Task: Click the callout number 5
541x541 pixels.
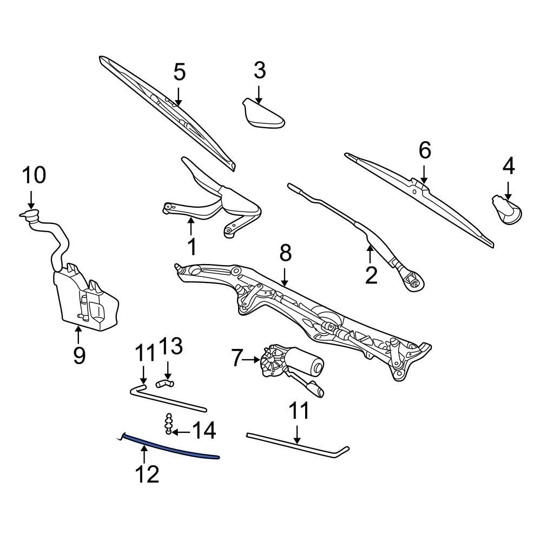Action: (179, 72)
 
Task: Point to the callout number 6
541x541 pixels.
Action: (425, 151)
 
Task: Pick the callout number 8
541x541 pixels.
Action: (286, 253)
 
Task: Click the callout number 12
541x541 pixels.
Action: (147, 474)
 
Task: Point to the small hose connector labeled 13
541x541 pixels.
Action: (164, 384)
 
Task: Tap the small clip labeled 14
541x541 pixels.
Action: (169, 424)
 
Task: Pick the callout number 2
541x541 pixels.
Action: (371, 275)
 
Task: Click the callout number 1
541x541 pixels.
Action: (192, 247)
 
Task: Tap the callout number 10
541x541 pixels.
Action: (34, 176)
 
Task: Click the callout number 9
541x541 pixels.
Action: (79, 355)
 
